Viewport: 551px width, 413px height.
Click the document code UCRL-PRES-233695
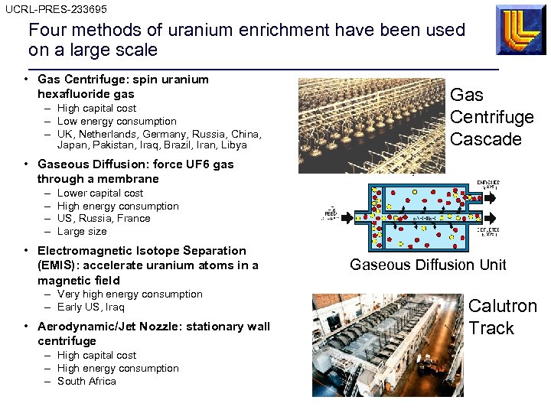[56, 9]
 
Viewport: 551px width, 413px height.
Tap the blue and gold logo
[520, 30]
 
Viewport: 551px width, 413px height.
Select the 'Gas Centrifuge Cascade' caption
[491, 117]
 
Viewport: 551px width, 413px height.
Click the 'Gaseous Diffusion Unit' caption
[428, 265]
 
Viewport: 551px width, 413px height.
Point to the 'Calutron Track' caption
[502, 317]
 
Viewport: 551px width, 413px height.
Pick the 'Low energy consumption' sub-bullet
[116, 121]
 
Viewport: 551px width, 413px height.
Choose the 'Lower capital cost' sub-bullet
[100, 193]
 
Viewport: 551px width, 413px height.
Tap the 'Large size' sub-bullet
[82, 231]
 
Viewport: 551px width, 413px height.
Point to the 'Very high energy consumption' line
[129, 294]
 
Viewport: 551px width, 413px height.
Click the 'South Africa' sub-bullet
[86, 381]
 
